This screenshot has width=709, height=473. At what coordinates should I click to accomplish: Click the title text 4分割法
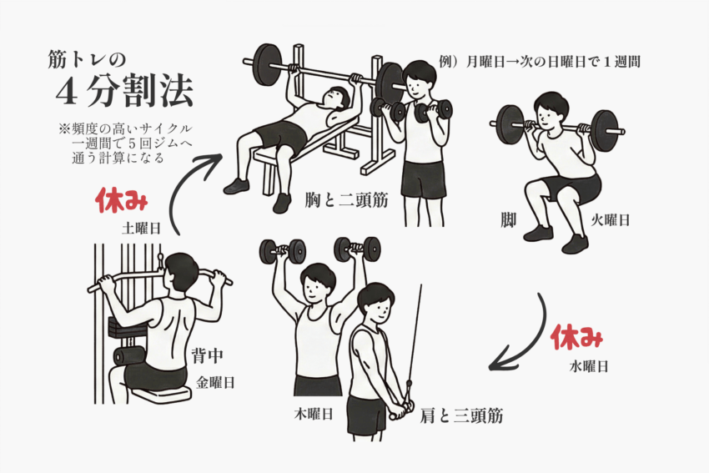[125, 91]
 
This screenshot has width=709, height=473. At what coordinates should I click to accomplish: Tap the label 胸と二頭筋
[347, 199]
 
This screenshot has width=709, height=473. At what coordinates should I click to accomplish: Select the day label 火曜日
[611, 220]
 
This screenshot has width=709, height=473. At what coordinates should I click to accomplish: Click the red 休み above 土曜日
[121, 200]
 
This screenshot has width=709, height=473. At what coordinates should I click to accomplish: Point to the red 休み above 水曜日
[577, 337]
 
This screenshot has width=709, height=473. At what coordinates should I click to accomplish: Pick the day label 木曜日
[314, 414]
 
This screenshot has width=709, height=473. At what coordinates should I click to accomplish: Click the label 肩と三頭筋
[461, 415]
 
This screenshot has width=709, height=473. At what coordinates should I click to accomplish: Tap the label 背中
[207, 356]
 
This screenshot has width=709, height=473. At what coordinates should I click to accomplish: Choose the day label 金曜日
[215, 383]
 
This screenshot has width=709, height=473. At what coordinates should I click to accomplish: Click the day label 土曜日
[142, 229]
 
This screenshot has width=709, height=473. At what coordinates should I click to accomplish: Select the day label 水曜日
[589, 366]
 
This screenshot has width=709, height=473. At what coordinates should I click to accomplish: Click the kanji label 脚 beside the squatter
[509, 219]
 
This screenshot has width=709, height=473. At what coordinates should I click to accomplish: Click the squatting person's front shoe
[576, 244]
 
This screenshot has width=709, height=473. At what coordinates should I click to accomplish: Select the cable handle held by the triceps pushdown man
[402, 410]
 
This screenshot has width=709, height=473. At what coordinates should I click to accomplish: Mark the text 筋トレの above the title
[87, 59]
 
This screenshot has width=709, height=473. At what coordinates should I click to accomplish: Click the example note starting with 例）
[540, 62]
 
